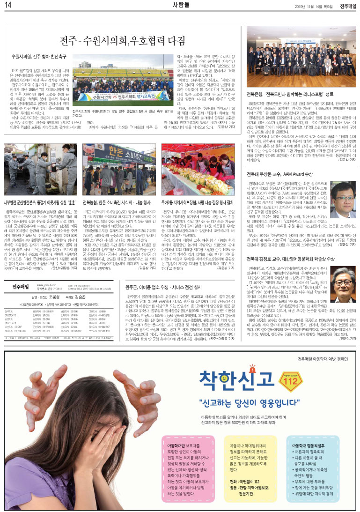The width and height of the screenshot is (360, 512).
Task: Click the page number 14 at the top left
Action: [8, 6]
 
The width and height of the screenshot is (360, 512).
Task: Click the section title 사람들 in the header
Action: [180, 5]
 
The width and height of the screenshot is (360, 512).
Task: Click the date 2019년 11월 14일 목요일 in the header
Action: [313, 6]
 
